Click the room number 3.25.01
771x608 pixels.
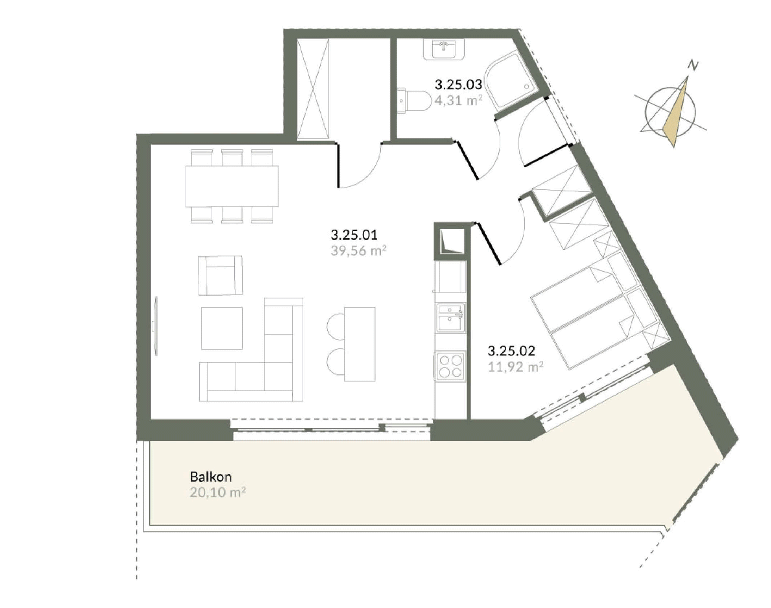pyautogui.click(x=354, y=235)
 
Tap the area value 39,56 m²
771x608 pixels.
pyautogui.click(x=358, y=251)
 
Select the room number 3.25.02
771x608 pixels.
pyautogui.click(x=511, y=351)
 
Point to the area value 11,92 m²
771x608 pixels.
pyautogui.click(x=515, y=367)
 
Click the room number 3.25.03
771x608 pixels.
pyautogui.click(x=458, y=85)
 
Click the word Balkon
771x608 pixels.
pyautogui.click(x=210, y=477)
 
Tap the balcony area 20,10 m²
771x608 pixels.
pyautogui.click(x=217, y=493)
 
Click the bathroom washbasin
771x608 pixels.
pyautogui.click(x=443, y=49)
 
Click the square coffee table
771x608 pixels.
pyautogui.click(x=222, y=329)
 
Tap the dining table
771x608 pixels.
pyautogui.click(x=232, y=187)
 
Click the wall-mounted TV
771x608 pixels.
pyautogui.click(x=155, y=326)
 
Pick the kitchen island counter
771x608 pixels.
pyautogui.click(x=359, y=344)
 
